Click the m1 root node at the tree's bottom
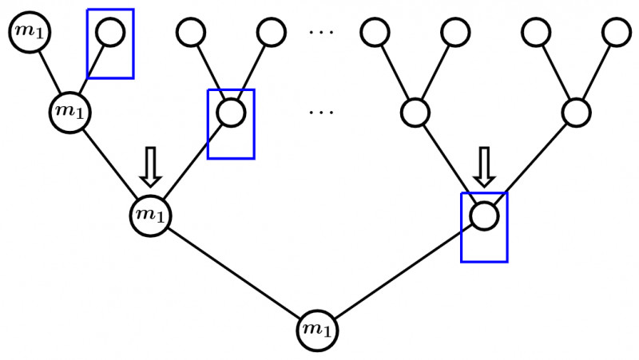[x=317, y=330]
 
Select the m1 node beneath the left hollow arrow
[x=150, y=215]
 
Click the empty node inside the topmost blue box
[x=110, y=33]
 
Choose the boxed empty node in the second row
[x=231, y=112]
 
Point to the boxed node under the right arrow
[x=484, y=215]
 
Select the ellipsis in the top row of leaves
[x=323, y=33]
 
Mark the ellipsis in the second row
[x=323, y=112]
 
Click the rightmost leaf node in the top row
[x=615, y=33]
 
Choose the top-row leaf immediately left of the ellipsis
[x=272, y=33]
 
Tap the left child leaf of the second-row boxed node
[x=191, y=33]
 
